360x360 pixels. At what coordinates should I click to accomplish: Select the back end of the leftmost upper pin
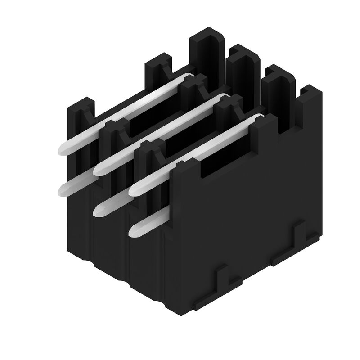(189, 76)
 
